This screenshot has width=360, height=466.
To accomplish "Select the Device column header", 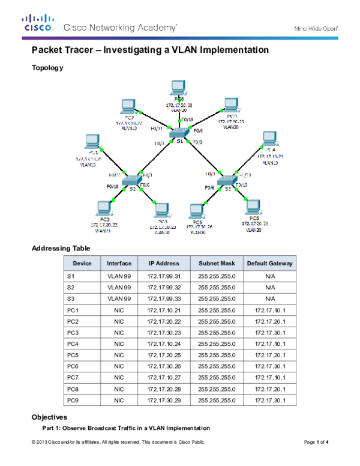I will click(x=82, y=263).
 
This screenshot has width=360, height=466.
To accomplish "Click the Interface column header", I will click(x=119, y=263).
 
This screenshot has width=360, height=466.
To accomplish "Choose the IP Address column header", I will click(x=164, y=263).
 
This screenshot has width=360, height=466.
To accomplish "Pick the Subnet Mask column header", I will click(x=217, y=263).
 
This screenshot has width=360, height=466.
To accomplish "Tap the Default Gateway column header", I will click(x=270, y=263).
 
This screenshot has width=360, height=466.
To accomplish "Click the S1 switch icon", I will click(x=179, y=132).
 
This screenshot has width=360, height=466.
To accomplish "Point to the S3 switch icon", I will click(x=226, y=181).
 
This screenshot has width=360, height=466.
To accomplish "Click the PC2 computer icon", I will click(x=103, y=208).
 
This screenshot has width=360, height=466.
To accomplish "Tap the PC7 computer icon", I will click(x=127, y=107).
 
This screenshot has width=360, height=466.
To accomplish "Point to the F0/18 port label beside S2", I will click(x=112, y=187).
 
